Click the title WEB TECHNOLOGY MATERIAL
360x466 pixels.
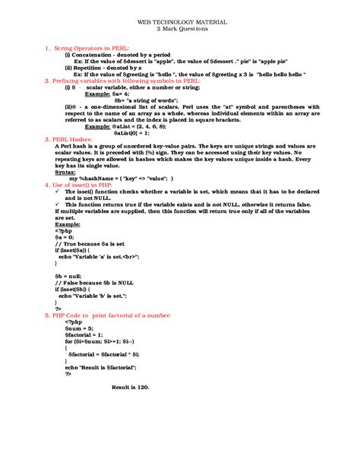(179, 24)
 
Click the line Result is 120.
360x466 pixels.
(131, 387)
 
